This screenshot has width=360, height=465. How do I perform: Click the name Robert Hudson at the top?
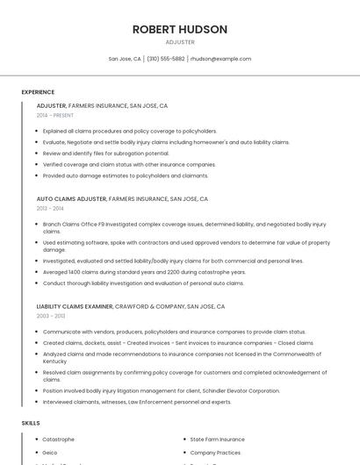[180, 29]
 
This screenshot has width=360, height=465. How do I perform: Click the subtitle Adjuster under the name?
[180, 42]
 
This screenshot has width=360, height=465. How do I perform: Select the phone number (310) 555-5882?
[166, 59]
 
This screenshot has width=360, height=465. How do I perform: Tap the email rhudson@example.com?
[220, 59]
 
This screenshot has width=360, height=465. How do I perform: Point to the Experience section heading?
[38, 92]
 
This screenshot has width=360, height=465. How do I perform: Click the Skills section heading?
[31, 423]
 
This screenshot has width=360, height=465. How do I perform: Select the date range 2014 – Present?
[55, 115]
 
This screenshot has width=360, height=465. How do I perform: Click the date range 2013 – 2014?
[50, 208]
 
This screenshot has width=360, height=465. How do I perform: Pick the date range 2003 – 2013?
[51, 316]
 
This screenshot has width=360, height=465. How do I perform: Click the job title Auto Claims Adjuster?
[71, 199]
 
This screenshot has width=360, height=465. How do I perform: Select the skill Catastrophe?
[59, 439]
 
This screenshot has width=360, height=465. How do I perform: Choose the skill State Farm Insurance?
[218, 439]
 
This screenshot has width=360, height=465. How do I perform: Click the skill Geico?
[50, 453]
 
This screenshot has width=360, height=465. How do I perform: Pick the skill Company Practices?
[215, 453]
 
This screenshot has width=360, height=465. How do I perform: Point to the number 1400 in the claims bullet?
[75, 272]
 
